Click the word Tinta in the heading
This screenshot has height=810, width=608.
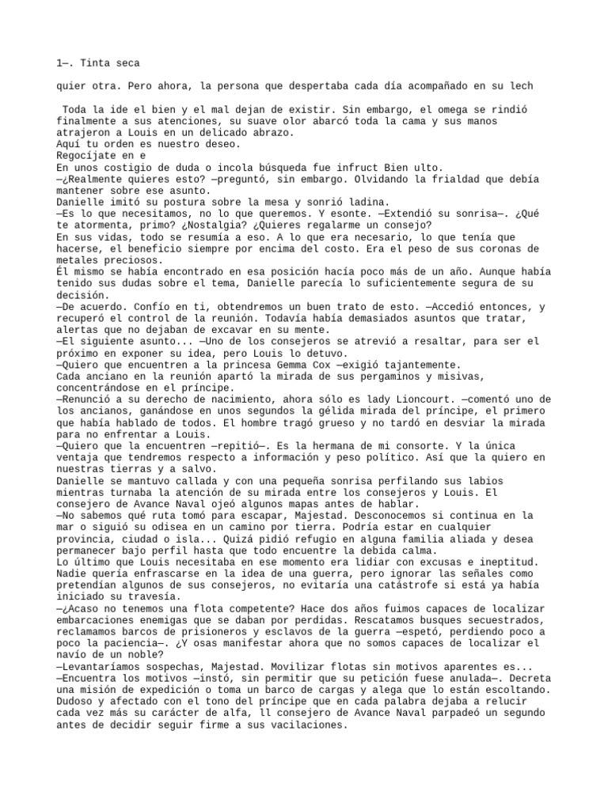[95, 62]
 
